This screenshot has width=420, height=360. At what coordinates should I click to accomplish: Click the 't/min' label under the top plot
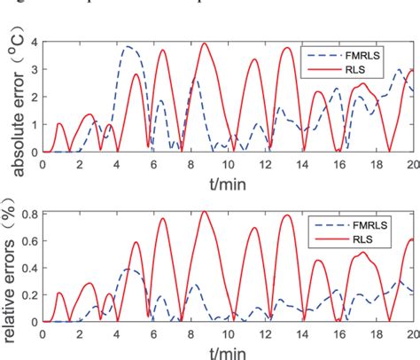coord(228,184)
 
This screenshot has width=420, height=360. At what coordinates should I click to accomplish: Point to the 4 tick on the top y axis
coord(33,43)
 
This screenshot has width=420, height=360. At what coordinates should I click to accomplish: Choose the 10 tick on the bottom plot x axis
coord(228,333)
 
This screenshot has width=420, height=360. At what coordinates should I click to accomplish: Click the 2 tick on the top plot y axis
coord(33,98)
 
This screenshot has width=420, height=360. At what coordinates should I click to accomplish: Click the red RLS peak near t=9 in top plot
coord(205,43)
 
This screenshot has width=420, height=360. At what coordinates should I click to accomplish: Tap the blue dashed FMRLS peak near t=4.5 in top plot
coord(128,46)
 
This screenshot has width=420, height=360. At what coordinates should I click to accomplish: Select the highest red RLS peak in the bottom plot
coord(205,211)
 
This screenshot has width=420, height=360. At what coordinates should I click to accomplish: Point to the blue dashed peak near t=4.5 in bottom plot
coord(128,269)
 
